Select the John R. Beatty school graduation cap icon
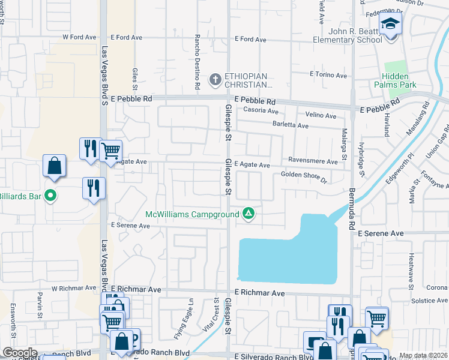[391, 25]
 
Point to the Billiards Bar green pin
[51, 196]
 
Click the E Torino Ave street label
[328, 75]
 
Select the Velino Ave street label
[321, 115]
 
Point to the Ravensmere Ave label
[313, 161]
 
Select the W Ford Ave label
[74, 37]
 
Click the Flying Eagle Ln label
[191, 319]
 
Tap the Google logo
[19, 353]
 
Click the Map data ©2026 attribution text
[423, 355]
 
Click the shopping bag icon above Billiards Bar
[54, 166]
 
